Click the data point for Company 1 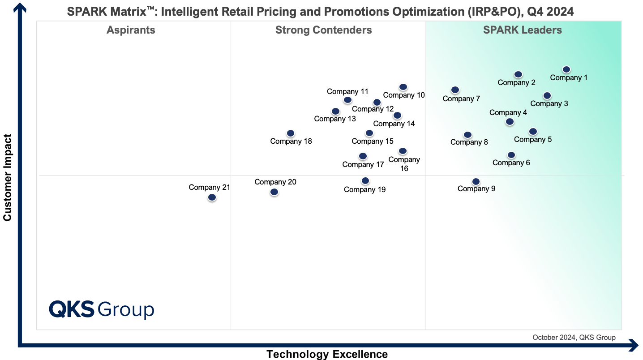tap(566, 69)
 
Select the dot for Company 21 tap(212, 197)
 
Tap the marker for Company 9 tap(476, 181)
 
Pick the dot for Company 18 tap(291, 133)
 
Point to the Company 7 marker tap(455, 90)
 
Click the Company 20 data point tap(274, 192)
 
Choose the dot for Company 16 tap(403, 151)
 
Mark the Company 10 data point tap(403, 87)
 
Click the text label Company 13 tap(335, 119)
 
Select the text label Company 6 tap(511, 163)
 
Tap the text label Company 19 tap(364, 189)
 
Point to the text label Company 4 tap(508, 113)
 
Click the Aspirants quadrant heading tap(131, 30)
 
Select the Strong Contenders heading tap(323, 30)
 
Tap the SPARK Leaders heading tap(522, 30)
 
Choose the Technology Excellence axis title tap(327, 354)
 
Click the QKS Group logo tap(101, 309)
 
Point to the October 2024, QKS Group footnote tap(574, 338)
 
